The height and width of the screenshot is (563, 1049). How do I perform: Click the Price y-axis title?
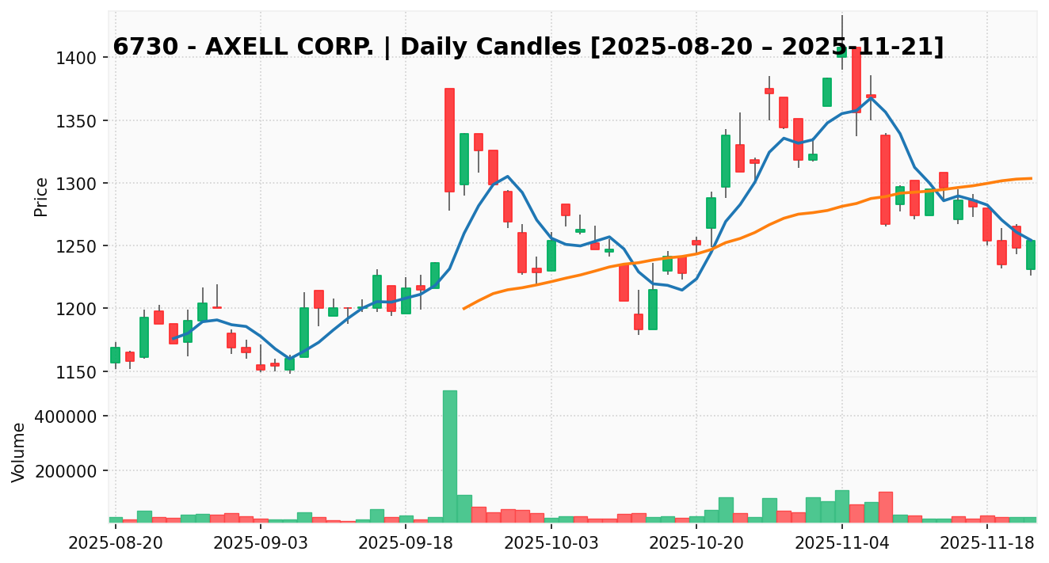pyautogui.click(x=41, y=196)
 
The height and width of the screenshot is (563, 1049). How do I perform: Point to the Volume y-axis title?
pyautogui.click(x=19, y=451)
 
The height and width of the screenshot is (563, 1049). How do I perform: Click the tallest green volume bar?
pyautogui.click(x=449, y=455)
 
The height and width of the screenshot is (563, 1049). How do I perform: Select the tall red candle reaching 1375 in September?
pyautogui.click(x=449, y=140)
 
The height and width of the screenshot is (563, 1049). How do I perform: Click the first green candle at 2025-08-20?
pyautogui.click(x=116, y=355)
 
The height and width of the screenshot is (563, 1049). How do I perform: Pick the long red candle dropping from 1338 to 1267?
pyautogui.click(x=885, y=180)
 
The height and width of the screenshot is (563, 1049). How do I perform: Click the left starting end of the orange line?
pyautogui.click(x=464, y=308)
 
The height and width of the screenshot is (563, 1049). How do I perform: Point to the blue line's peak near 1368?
pyautogui.click(x=871, y=98)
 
